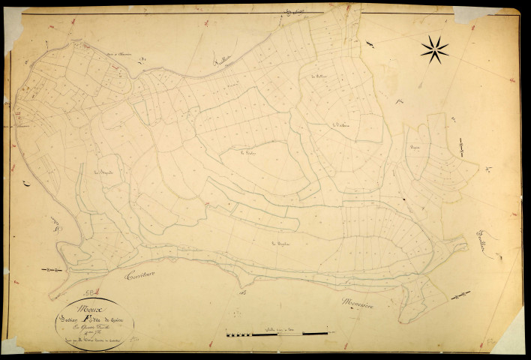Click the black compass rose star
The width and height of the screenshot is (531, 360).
(434, 49)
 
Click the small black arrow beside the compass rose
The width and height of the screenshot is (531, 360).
(370, 43)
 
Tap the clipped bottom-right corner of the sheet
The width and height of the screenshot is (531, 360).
(511, 341)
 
